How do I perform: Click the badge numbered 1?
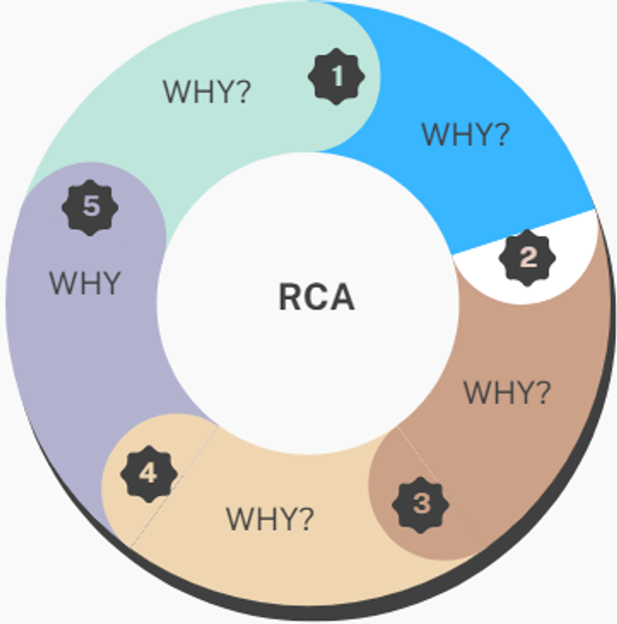(336, 77)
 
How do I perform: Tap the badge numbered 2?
(527, 259)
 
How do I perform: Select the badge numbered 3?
(421, 504)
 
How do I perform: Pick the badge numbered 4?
(148, 473)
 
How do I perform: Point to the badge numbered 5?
(90, 206)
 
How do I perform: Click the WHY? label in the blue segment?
(465, 134)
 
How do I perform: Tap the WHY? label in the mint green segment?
(206, 91)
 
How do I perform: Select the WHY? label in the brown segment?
(507, 393)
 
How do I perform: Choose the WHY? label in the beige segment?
(269, 519)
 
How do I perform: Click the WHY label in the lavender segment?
(85, 283)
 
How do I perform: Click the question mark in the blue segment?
(500, 134)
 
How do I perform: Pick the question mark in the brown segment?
(542, 393)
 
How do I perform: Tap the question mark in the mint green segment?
(242, 91)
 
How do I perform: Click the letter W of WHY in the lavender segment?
(64, 283)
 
